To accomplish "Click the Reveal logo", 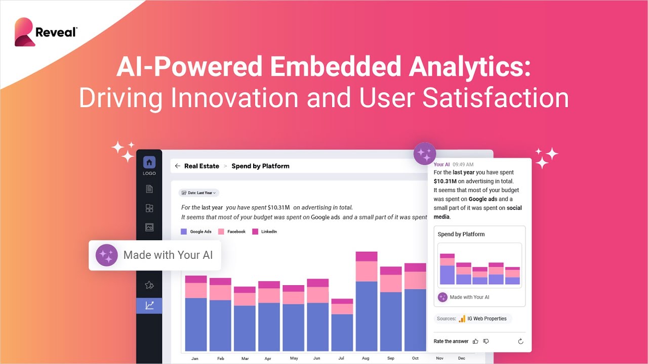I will pos(46,32).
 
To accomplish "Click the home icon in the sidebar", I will pos(149,162).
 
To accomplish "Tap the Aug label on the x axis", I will pos(366,358).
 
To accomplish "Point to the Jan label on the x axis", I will pos(195,358).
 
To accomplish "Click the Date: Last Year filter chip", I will pos(199,193).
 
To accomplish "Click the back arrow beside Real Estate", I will pos(177,166).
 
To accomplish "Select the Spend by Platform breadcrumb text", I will pos(260,166).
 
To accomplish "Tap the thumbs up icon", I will pos(475,341).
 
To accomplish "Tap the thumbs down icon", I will pos(486,341).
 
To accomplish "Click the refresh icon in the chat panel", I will pos(520,341).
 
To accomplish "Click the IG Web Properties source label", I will pos(487,318).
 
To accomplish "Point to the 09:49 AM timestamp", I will pos(463,164).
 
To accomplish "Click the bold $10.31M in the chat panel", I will pos(445,181).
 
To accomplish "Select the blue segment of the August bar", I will pos(366,316).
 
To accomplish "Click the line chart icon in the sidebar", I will pos(149,305).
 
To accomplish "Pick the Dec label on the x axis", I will pos(461,358).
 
